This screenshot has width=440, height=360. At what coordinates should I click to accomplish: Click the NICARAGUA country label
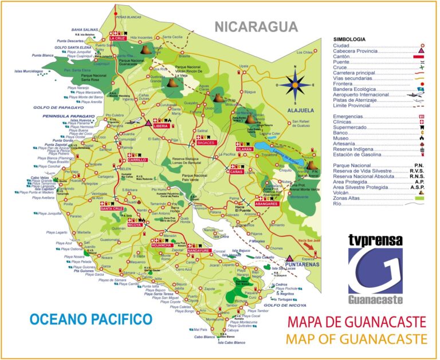pos(256,27)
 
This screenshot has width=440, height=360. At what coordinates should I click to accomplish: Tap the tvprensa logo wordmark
pos(375,240)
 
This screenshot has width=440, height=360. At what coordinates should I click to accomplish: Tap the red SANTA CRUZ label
pos(112,209)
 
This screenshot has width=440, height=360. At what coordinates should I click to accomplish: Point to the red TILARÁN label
pos(244,148)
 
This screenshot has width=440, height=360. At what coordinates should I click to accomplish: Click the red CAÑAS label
pos(237,171)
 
